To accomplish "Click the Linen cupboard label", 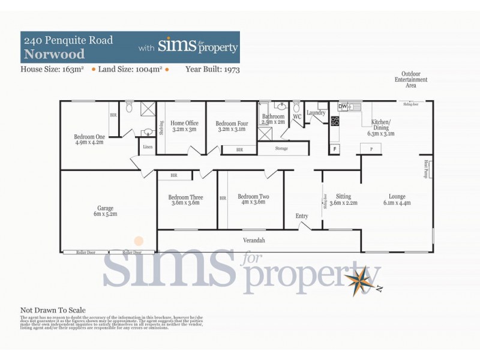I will click(146, 146).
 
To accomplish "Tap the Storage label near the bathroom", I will click(281, 148).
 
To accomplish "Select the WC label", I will click(296, 116).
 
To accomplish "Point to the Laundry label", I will click(316, 113).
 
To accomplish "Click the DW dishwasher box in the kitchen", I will click(343, 107).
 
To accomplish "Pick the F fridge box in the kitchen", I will click(334, 148).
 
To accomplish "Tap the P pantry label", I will click(371, 148).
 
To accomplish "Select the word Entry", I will click(302, 216).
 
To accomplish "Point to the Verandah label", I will click(254, 241).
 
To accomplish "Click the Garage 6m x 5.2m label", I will click(106, 211).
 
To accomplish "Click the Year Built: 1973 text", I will click(212, 69).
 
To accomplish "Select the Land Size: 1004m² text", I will click(128, 69).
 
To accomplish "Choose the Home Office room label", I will click(184, 125).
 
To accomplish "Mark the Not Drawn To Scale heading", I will click(53, 310).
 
